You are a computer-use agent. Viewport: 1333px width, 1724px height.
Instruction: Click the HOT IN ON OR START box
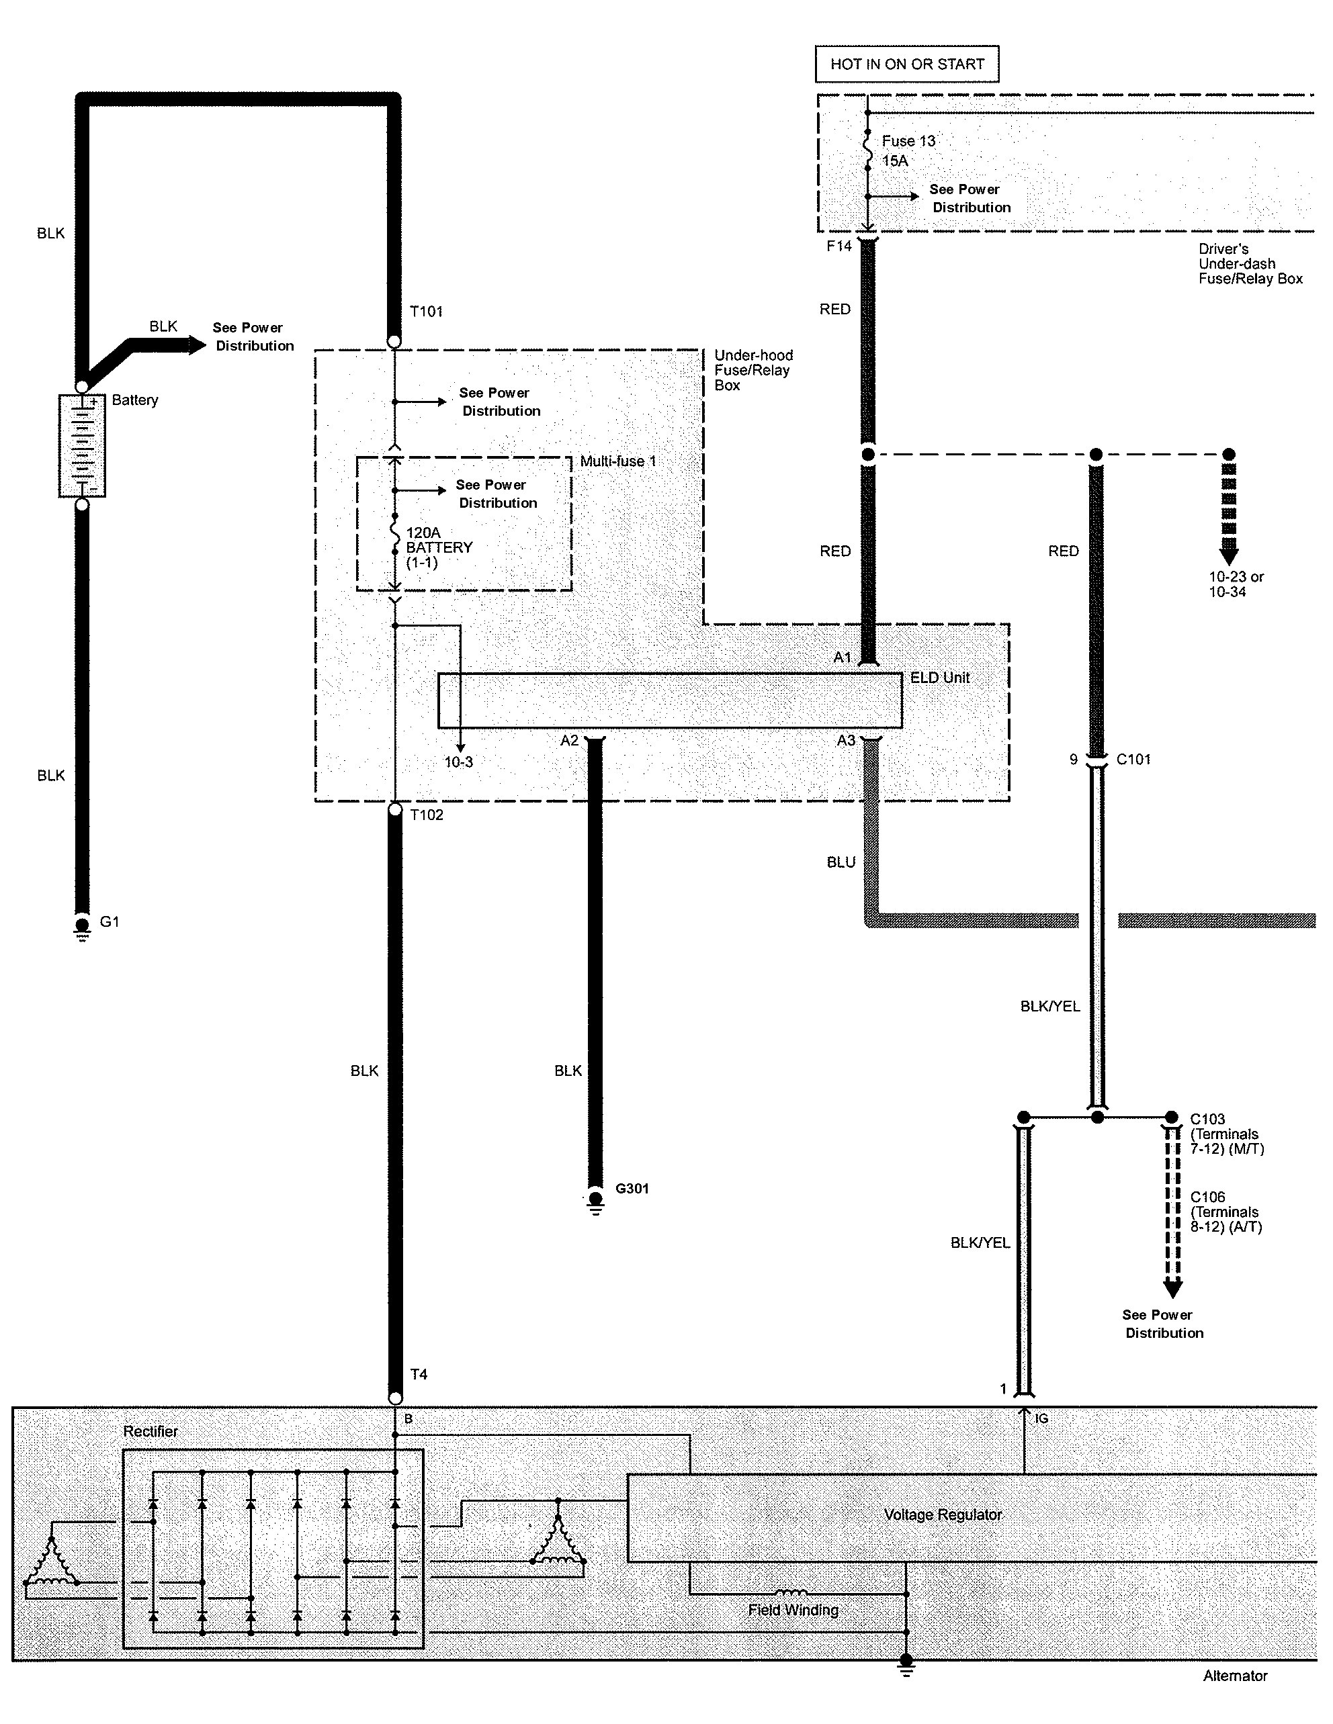906,64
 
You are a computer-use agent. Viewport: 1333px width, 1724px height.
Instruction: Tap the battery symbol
82,446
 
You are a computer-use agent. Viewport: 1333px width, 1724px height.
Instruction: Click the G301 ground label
632,1188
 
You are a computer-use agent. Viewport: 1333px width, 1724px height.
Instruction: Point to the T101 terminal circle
394,341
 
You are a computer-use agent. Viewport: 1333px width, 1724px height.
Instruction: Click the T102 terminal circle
395,809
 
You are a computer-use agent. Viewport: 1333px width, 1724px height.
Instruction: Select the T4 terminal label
419,1374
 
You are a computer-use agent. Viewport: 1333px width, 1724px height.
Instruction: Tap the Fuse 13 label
908,141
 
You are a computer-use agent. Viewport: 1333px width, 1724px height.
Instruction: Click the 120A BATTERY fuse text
438,547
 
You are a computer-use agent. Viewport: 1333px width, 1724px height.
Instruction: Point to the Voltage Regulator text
942,1515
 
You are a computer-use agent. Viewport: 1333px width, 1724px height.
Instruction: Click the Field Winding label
793,1610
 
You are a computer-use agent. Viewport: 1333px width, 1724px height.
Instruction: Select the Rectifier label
150,1431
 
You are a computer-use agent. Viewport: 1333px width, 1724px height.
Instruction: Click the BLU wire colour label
841,862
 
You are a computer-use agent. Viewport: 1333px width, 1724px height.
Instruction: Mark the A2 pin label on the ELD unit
569,740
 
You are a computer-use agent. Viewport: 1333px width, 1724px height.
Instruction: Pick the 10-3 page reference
458,762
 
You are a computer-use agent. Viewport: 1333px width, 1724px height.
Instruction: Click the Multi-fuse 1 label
617,461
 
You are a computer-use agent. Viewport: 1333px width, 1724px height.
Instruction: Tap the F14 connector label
838,246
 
